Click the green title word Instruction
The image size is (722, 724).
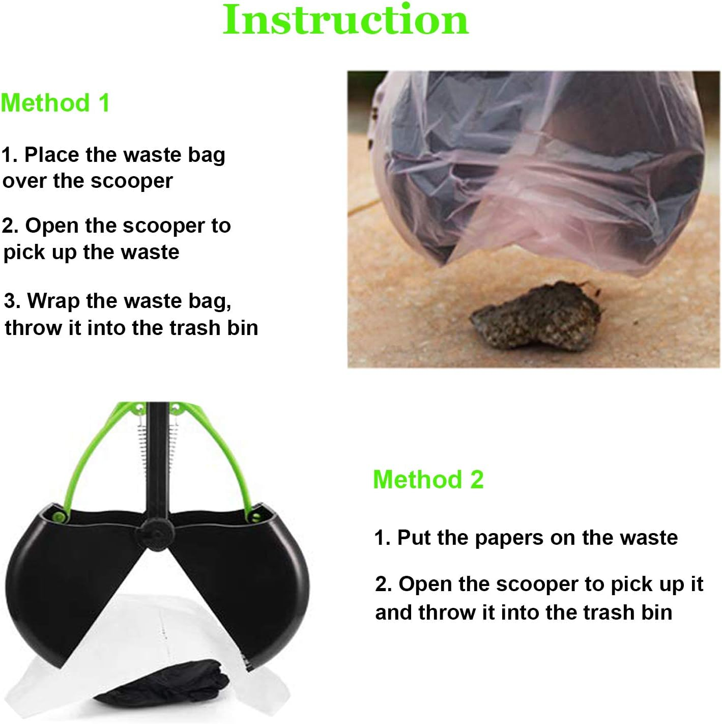pyautogui.click(x=345, y=20)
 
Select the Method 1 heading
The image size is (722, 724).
pyautogui.click(x=55, y=103)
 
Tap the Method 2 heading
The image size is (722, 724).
pyautogui.click(x=428, y=480)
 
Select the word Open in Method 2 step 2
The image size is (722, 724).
pyautogui.click(x=424, y=584)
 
